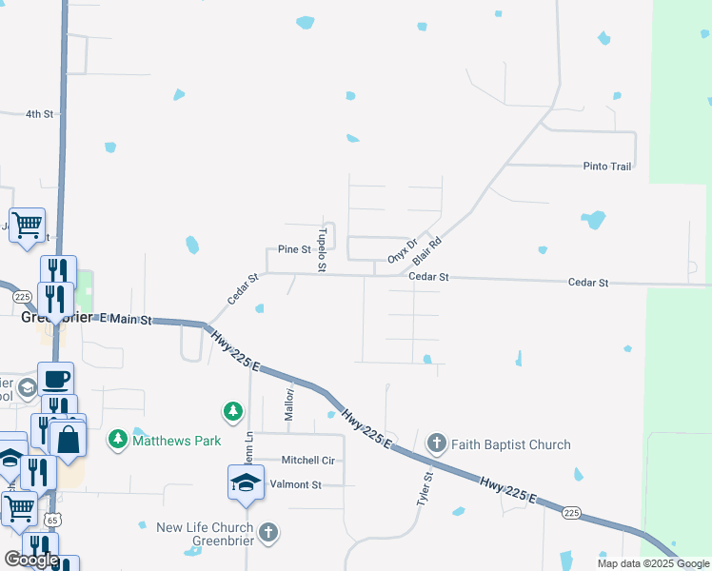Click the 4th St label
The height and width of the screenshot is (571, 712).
[x=39, y=114]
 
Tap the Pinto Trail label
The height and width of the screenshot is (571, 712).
[x=607, y=167]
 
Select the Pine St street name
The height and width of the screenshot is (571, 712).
[x=294, y=249]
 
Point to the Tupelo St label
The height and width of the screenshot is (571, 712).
[x=322, y=249]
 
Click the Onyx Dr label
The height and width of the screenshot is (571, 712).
[x=403, y=250]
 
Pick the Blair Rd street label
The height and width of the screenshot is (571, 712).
[x=428, y=251]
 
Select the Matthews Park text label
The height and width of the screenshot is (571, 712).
[x=177, y=441]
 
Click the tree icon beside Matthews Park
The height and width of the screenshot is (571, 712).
[x=117, y=441]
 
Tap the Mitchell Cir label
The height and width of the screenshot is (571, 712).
[x=307, y=460]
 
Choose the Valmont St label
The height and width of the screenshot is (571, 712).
[x=296, y=484]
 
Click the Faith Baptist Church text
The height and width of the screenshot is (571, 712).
[x=512, y=444]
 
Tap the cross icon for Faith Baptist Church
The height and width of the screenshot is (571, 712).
[x=436, y=443]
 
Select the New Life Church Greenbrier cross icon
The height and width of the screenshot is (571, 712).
[x=268, y=532]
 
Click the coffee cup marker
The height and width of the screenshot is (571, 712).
[x=54, y=378]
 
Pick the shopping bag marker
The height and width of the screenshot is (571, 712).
[x=69, y=439]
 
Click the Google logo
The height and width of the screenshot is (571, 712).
[x=31, y=560]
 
